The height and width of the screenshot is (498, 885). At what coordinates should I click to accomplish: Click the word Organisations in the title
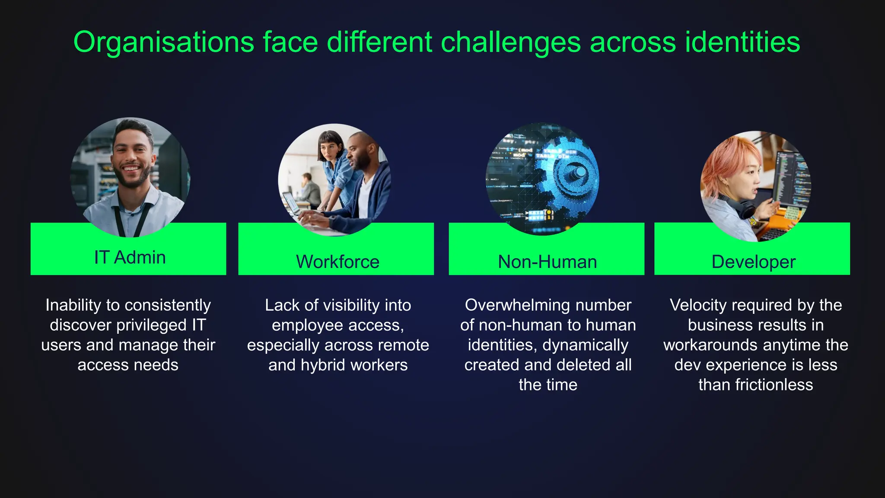[163, 42]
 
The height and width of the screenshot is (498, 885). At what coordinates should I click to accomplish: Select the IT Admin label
[130, 257]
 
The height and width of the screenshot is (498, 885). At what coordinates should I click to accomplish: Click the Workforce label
[337, 262]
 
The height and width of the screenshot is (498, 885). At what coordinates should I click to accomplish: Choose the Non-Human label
[547, 262]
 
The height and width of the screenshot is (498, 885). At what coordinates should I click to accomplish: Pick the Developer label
[753, 262]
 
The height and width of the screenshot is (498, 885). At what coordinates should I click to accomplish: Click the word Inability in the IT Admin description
[71, 305]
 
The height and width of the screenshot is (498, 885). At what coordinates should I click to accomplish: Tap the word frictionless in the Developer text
[774, 385]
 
